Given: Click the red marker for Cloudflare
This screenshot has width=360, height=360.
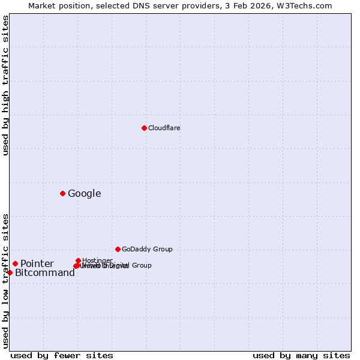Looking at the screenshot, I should pos(144,128).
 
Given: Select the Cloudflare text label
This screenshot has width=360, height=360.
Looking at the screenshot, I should pos(164,128).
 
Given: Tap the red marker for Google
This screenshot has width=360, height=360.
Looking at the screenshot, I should pos(62,193).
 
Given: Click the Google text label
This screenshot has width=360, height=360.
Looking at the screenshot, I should pos(84,193).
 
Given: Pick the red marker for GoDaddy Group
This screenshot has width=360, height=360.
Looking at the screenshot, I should pos(118,249).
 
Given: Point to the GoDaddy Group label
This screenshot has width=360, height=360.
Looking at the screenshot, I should pos(147,249).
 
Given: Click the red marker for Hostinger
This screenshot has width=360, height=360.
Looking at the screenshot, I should pos(78,260).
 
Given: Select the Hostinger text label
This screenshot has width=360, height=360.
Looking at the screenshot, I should pos(97,260).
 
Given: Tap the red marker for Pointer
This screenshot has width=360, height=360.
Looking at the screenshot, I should pos(15,263).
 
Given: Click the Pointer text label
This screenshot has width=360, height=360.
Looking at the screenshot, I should pos(37,263).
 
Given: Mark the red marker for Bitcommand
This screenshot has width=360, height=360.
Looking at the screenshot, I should pos(10,272).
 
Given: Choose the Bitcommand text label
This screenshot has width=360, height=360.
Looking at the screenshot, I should pos(45,272).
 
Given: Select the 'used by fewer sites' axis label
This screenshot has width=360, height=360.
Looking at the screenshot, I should pos(62,355).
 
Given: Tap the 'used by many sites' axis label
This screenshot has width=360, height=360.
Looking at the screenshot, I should pos(301,355).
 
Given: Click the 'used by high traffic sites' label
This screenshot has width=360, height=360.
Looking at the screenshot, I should pos(5,85).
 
